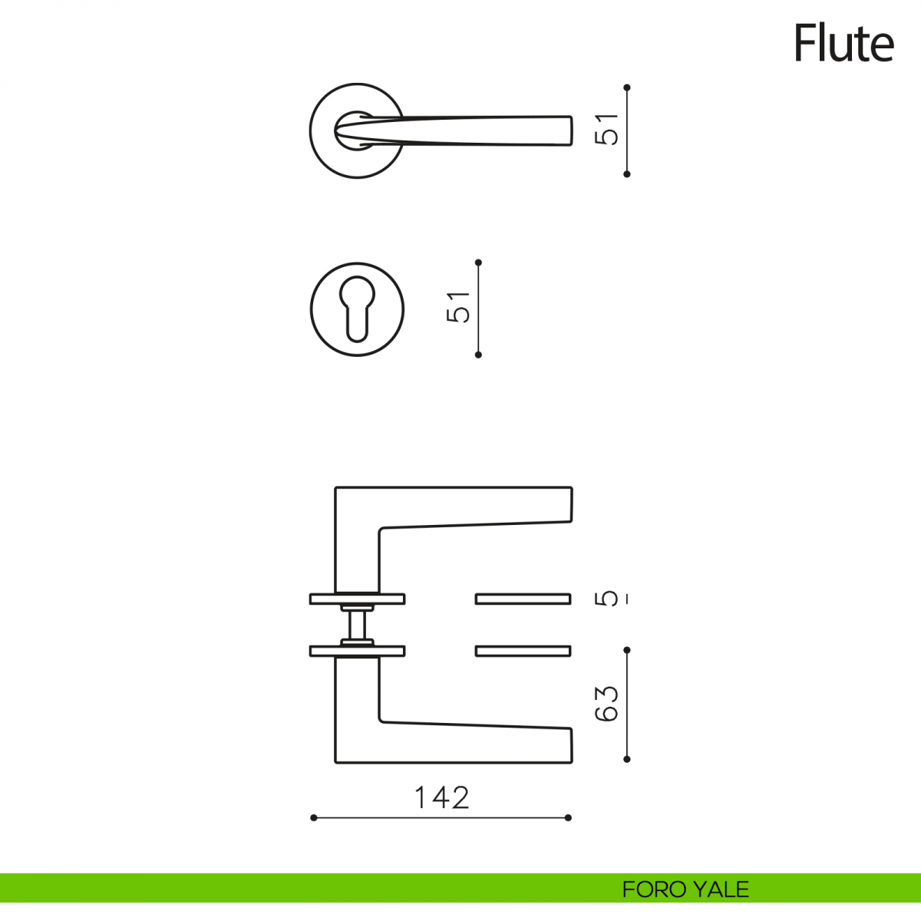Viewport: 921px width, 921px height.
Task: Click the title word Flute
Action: (x=843, y=44)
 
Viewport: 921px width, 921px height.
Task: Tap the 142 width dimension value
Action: (x=441, y=797)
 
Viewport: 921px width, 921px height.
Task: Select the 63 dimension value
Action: (x=606, y=704)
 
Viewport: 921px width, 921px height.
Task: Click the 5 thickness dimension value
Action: (x=606, y=599)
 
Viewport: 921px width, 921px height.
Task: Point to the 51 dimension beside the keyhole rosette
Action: (x=458, y=307)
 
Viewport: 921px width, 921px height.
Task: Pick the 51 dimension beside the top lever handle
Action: (x=606, y=130)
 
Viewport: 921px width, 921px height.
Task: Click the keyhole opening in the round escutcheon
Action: (x=357, y=309)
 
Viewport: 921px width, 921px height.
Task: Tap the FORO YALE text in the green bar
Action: (x=685, y=890)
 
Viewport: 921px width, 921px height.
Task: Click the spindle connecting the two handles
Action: (x=357, y=625)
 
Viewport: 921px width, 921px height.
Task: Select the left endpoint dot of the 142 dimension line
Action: (x=314, y=817)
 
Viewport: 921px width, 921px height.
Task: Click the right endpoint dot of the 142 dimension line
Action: (x=568, y=817)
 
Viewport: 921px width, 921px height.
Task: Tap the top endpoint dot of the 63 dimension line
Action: (x=627, y=650)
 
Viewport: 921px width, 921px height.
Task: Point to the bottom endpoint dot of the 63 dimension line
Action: (x=627, y=760)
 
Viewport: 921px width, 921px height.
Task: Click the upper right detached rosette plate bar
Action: (x=523, y=599)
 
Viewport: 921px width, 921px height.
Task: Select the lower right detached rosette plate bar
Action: (x=523, y=651)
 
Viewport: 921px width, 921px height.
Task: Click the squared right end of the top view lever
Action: (x=571, y=130)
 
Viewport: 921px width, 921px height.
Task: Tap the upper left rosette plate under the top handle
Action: (x=358, y=599)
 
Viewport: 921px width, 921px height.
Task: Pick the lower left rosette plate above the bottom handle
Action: (x=358, y=651)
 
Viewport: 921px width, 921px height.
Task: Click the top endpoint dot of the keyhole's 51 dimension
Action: (x=478, y=262)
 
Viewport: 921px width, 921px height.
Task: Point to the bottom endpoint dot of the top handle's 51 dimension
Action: (x=627, y=174)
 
